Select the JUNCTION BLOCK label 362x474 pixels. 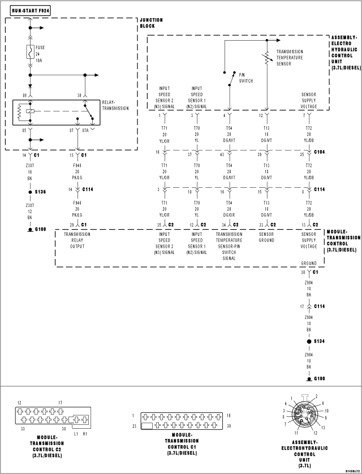(x=151, y=23)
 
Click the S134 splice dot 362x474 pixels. (x=308, y=342)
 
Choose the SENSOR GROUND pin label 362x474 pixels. (x=266, y=236)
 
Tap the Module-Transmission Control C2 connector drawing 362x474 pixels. (x=50, y=416)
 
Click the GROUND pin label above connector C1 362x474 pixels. (x=308, y=263)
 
